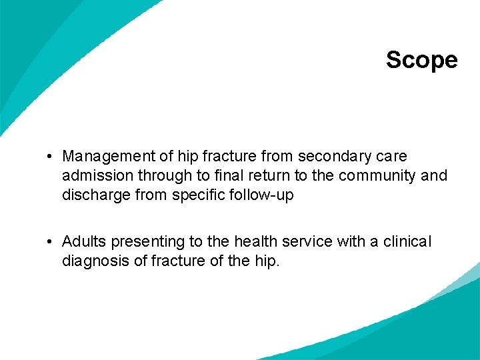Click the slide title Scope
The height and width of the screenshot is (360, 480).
point(421,60)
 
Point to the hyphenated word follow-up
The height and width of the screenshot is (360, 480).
point(259,196)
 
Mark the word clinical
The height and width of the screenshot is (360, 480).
point(407,241)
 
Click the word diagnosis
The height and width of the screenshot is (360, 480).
point(96,261)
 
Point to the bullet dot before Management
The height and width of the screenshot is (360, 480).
point(51,157)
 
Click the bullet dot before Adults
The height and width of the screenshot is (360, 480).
point(51,241)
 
